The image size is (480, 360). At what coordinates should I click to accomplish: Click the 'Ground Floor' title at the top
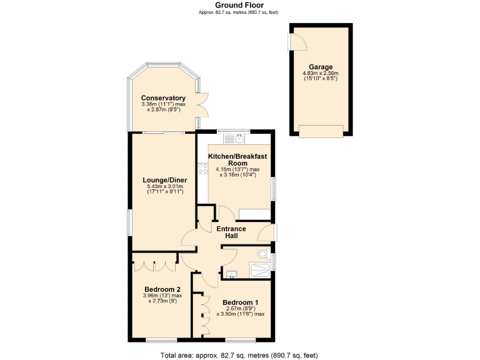[x=239, y=5]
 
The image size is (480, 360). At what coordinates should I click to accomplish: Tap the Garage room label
[x=321, y=67]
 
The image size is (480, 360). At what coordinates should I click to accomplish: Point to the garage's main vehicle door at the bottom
[x=321, y=131]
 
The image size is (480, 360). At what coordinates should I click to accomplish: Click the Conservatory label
[x=163, y=98]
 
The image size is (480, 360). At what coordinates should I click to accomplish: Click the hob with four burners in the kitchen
[x=202, y=168]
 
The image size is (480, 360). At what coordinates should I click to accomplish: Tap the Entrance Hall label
[x=231, y=232]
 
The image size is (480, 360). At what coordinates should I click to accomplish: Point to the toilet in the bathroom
[x=264, y=256]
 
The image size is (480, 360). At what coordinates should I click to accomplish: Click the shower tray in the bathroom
[x=259, y=270]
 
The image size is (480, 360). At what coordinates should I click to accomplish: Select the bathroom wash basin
[x=231, y=273]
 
